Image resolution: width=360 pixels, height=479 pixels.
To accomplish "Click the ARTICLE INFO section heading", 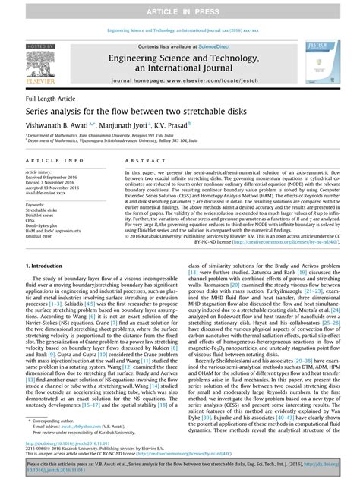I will [x=55, y=162].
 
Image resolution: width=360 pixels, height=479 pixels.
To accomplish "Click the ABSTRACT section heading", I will [x=140, y=162].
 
